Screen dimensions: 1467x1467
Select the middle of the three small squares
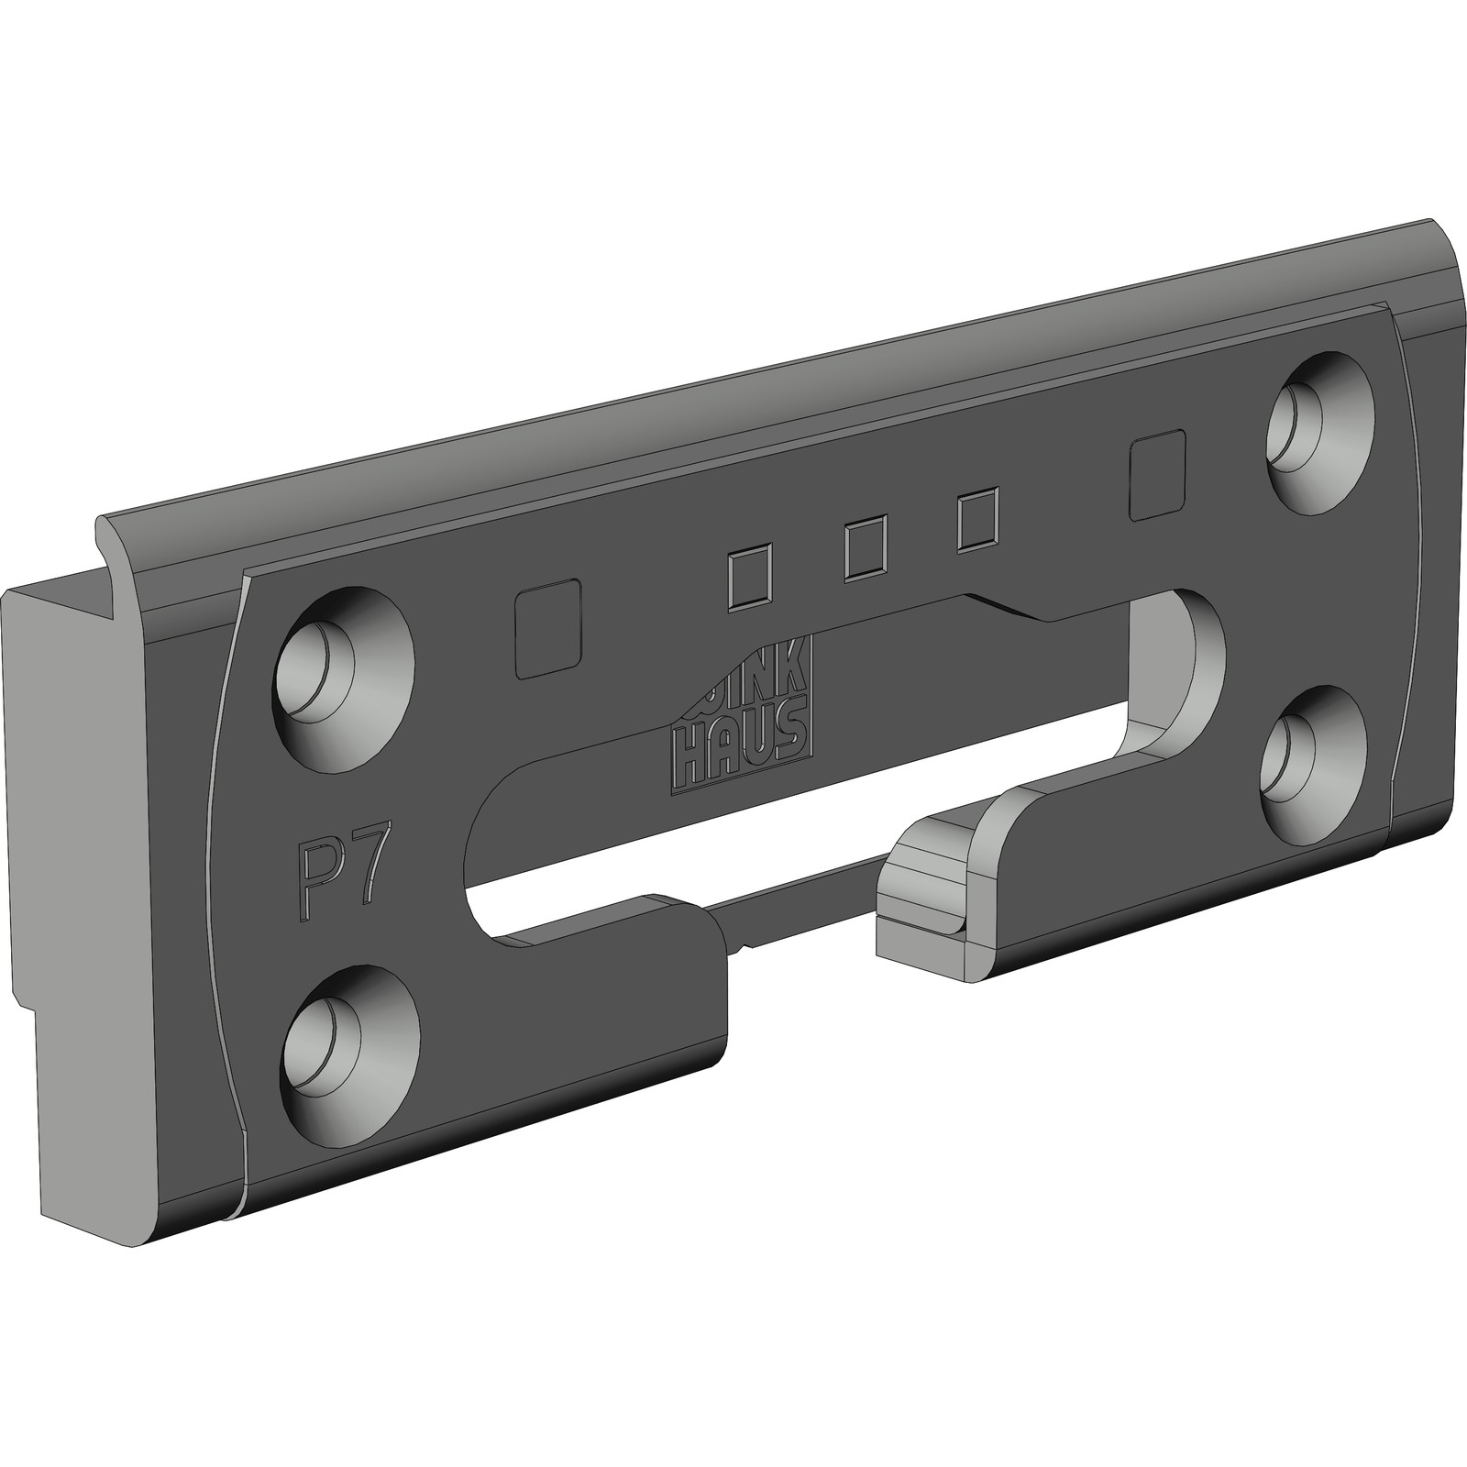pos(864,549)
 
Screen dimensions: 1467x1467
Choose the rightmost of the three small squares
pos(977,523)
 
